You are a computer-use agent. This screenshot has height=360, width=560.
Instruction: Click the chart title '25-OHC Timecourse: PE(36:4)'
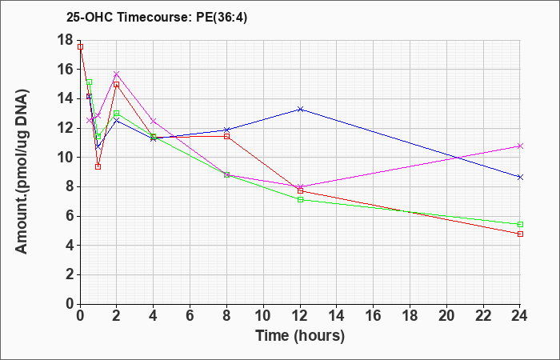pyautogui.click(x=157, y=18)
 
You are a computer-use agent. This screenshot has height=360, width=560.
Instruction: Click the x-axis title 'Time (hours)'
pyautogui.click(x=300, y=336)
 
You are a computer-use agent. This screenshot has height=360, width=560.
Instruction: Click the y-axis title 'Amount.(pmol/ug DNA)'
pyautogui.click(x=22, y=171)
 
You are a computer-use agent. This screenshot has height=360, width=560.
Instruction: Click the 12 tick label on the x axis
pyautogui.click(x=300, y=316)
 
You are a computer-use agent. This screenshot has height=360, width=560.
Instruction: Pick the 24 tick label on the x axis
pyautogui.click(x=520, y=316)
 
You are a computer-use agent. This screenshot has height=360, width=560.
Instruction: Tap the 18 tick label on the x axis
pyautogui.click(x=410, y=316)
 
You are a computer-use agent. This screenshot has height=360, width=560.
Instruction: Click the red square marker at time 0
pyautogui.click(x=80, y=46)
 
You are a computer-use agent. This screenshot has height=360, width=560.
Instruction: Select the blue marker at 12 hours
pyautogui.click(x=300, y=110)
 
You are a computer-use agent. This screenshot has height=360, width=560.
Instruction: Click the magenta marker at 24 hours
pyautogui.click(x=520, y=146)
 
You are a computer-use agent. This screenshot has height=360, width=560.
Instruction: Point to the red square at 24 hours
pyautogui.click(x=520, y=234)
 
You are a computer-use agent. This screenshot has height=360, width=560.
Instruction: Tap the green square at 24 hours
pyautogui.click(x=520, y=224)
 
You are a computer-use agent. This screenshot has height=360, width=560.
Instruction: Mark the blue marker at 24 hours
pyautogui.click(x=520, y=177)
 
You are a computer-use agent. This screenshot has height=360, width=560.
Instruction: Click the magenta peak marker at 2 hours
pyautogui.click(x=117, y=74)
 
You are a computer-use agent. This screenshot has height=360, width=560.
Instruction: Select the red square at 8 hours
pyautogui.click(x=226, y=137)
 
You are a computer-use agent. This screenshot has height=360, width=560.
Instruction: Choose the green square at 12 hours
pyautogui.click(x=300, y=200)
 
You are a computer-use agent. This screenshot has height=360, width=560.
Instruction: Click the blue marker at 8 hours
pyautogui.click(x=226, y=130)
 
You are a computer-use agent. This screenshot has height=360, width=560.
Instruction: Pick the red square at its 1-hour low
pyautogui.click(x=98, y=166)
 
